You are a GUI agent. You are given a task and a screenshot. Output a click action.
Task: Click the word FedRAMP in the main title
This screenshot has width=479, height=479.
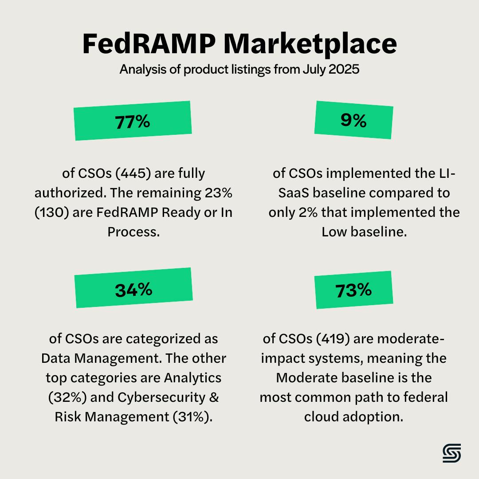pos(149,44)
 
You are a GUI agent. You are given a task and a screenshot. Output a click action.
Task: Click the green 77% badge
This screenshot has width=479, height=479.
pos(133,121)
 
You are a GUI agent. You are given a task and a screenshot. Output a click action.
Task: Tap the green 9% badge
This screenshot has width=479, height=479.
pos(353,120)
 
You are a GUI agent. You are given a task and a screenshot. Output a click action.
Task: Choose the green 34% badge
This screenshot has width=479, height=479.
pos(133,288)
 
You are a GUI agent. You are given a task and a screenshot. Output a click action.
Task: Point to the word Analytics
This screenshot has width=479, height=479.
pos(192,378)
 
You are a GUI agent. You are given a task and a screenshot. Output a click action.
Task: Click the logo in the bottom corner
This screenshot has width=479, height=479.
pos(452,453)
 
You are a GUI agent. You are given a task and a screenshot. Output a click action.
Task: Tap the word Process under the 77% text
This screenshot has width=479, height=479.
pos(133,232)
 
